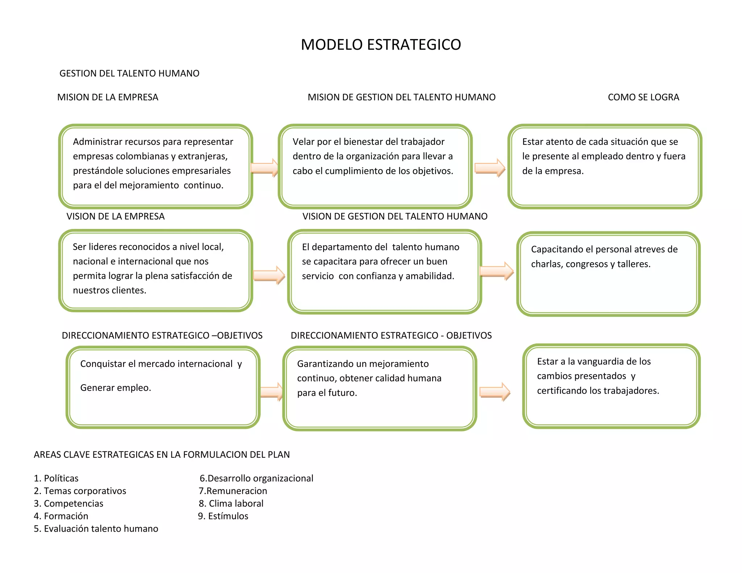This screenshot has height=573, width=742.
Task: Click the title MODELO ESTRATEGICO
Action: (381, 45)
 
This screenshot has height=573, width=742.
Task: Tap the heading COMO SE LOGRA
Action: (643, 97)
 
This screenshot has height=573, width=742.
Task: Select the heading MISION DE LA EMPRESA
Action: (108, 97)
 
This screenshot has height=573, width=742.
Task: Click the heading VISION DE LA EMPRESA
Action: (115, 217)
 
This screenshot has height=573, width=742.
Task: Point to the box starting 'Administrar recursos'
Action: (155, 167)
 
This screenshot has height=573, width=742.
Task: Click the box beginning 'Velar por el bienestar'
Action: (375, 167)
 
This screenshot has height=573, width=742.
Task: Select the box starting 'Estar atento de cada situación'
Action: (605, 167)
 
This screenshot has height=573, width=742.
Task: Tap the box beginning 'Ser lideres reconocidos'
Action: (155, 271)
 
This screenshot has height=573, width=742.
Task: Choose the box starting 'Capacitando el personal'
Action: (608, 274)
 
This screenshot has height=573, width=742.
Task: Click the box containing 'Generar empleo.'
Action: (163, 387)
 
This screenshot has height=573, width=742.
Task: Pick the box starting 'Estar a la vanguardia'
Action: (611, 386)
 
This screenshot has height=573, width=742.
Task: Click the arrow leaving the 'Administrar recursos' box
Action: (264, 168)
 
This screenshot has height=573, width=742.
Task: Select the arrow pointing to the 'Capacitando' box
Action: (496, 271)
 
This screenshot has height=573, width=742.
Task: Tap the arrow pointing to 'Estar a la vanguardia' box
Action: (495, 392)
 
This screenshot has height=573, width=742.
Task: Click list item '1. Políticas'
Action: (56, 478)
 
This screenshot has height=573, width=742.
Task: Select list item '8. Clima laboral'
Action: (231, 503)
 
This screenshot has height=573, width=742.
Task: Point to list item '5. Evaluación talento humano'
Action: (96, 529)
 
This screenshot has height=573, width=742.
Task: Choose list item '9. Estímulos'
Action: (223, 516)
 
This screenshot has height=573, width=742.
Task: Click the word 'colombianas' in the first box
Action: (144, 156)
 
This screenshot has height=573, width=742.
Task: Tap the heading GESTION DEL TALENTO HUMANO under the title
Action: (129, 74)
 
